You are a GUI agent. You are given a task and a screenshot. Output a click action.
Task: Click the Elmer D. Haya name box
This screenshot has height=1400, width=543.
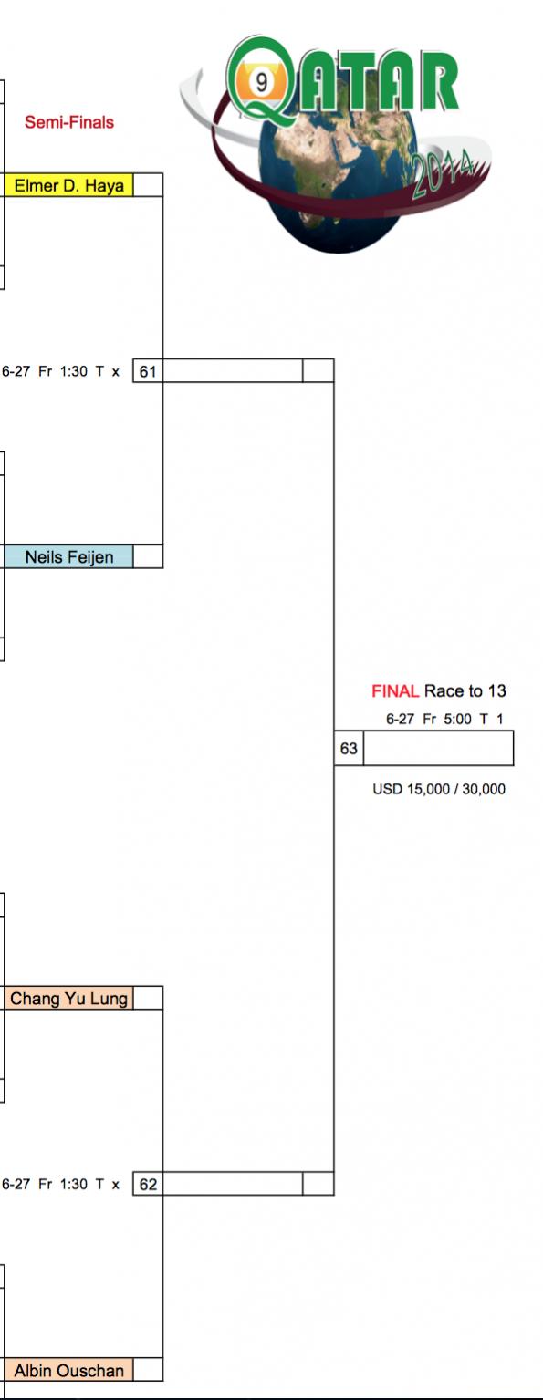coord(68,186)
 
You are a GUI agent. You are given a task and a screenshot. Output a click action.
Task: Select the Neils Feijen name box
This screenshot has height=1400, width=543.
coord(68,557)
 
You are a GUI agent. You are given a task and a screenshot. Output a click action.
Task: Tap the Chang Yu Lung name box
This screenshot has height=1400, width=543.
coord(68,998)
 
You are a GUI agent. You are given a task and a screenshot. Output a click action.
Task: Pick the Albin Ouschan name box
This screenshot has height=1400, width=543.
coord(68,1371)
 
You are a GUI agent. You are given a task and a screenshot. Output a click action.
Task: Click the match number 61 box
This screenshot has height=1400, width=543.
coord(148,371)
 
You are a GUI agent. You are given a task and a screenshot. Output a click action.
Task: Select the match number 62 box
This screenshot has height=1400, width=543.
coord(148,1185)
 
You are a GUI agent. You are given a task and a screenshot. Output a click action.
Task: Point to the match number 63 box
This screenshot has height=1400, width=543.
coord(349,748)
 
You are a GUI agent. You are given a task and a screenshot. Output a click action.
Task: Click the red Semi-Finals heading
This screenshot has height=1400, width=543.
coord(69,122)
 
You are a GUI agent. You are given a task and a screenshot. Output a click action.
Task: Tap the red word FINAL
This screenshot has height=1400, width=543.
coord(395,691)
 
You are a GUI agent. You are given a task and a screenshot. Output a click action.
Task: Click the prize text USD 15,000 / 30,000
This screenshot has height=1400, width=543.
coord(439,789)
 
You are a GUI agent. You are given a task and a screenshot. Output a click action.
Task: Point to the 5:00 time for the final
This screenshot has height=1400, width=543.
coord(457,720)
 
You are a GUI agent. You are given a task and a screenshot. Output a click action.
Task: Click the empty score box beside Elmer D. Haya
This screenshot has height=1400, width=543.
coord(148,186)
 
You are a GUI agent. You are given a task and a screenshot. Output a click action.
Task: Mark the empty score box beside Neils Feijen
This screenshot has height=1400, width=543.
coord(148,557)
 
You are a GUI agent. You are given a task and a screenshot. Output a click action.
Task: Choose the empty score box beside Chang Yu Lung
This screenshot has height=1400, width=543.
coord(148,998)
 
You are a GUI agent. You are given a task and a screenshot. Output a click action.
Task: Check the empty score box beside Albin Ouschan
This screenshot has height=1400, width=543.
coord(148,1371)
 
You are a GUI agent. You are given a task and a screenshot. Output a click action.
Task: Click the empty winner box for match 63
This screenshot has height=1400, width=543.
coord(439,748)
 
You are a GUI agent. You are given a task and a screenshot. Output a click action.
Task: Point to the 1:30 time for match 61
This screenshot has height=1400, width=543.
coord(74,371)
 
